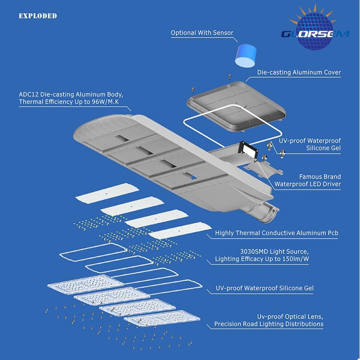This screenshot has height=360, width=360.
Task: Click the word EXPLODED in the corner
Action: (x=38, y=16)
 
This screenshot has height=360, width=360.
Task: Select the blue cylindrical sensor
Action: (x=246, y=56)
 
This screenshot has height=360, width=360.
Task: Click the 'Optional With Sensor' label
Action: (x=202, y=33)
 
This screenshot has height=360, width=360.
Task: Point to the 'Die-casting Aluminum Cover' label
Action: (x=299, y=72)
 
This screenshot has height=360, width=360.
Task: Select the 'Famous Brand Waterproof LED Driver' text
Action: (x=308, y=180)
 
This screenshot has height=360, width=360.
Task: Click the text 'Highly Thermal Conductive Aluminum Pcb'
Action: (x=276, y=233)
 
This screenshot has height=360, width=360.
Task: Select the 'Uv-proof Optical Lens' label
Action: (x=290, y=317)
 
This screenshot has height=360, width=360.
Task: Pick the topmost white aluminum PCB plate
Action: (x=107, y=193)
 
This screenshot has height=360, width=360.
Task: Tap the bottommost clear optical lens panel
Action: (x=162, y=319)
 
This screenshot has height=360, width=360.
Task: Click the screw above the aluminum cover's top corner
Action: (x=229, y=76)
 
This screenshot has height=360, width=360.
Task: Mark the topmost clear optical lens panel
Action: (x=85, y=284)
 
